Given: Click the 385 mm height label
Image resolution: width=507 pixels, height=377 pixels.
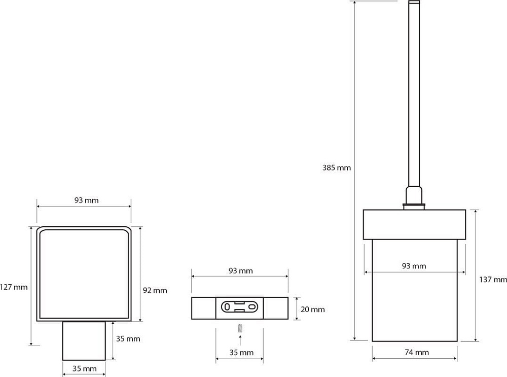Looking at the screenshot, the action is pyautogui.click(x=336, y=167).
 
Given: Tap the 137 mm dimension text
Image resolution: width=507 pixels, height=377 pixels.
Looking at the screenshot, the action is pyautogui.click(x=493, y=279).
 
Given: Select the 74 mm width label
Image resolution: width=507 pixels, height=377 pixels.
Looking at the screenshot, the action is pyautogui.click(x=417, y=352).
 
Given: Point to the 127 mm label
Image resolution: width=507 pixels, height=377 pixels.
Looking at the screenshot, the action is pyautogui.click(x=14, y=287).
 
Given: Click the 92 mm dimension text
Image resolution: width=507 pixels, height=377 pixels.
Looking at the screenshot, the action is pyautogui.click(x=155, y=290).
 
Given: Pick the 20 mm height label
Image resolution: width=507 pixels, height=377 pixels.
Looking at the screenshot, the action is pyautogui.click(x=313, y=310).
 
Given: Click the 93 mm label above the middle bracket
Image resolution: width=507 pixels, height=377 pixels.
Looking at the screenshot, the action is pyautogui.click(x=240, y=270).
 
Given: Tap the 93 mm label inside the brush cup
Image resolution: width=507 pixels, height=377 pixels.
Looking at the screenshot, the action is pyautogui.click(x=414, y=266).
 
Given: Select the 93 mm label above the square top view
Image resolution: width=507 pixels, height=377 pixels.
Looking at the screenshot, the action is pyautogui.click(x=86, y=200).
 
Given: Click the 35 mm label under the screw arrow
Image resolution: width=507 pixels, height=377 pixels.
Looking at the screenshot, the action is pyautogui.click(x=241, y=353).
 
